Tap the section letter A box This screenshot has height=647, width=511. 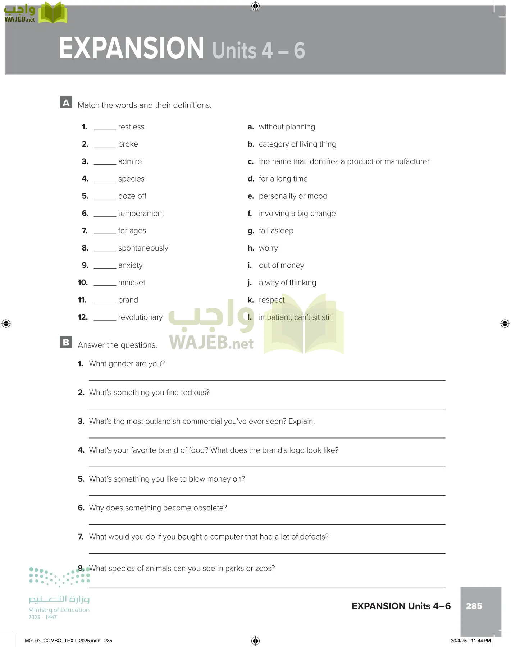[x=66, y=102]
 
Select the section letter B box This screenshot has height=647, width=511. [x=66, y=342]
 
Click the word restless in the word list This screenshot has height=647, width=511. [x=131, y=127]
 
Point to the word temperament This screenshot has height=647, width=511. [x=141, y=214]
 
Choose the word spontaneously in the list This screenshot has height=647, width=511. [x=143, y=248]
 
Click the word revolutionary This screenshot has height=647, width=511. [x=140, y=317]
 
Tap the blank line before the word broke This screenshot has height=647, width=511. [x=105, y=146]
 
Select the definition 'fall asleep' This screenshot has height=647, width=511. [x=276, y=231]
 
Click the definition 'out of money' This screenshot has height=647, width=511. [x=281, y=265]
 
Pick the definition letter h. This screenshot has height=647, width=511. [x=251, y=248]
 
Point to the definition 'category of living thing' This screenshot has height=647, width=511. [x=297, y=144]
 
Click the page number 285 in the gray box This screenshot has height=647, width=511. [x=474, y=606]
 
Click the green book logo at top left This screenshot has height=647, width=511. [x=53, y=13]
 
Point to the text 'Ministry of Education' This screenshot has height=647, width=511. [x=59, y=610]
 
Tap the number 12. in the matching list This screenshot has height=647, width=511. [x=83, y=317]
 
